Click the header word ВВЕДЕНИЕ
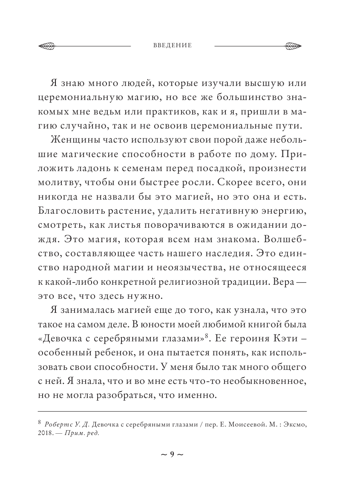click(x=172, y=45)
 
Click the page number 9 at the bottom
click(x=172, y=454)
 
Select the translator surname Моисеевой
click(x=250, y=425)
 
